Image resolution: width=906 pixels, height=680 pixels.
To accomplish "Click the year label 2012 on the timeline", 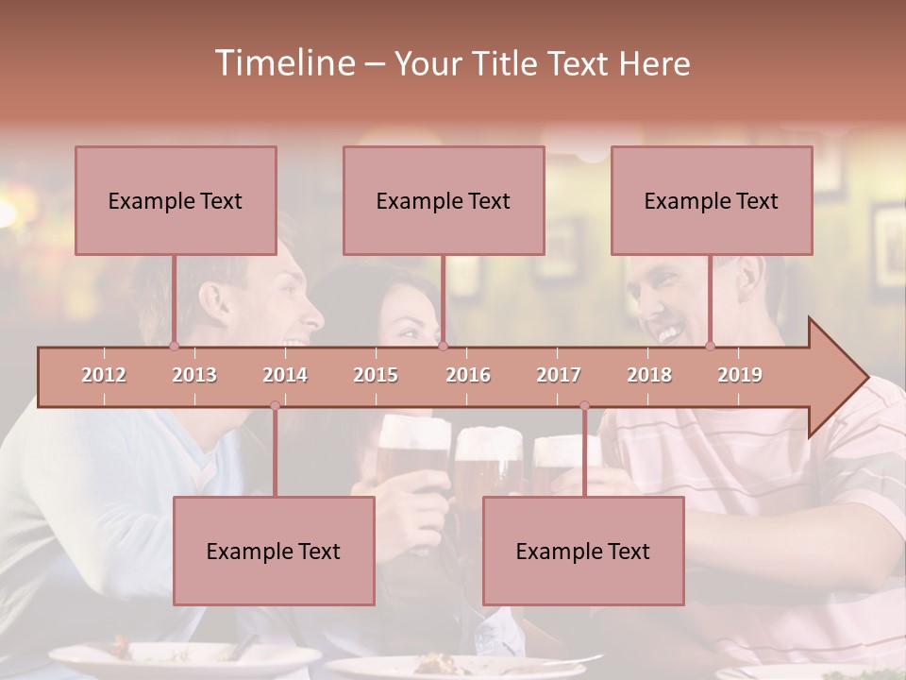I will pyautogui.click(x=104, y=375).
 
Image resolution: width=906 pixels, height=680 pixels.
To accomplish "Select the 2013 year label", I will pyautogui.click(x=194, y=375).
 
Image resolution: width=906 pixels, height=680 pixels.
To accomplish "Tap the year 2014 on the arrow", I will pyautogui.click(x=285, y=375).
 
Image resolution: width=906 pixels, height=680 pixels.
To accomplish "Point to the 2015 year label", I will pyautogui.click(x=376, y=375).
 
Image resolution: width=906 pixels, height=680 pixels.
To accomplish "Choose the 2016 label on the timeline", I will pyautogui.click(x=468, y=375).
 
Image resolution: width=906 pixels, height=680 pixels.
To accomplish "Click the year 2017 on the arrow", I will pyautogui.click(x=559, y=375).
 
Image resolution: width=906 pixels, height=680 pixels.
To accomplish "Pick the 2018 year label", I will pyautogui.click(x=649, y=375).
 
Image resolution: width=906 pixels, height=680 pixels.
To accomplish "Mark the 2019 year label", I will pyautogui.click(x=740, y=375).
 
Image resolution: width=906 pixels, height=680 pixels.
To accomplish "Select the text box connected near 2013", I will pyautogui.click(x=176, y=200).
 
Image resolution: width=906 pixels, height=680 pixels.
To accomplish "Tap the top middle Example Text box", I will pyautogui.click(x=444, y=200).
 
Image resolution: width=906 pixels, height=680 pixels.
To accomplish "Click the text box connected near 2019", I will pyautogui.click(x=712, y=200).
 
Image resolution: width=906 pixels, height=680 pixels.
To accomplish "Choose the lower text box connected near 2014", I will pyautogui.click(x=274, y=551).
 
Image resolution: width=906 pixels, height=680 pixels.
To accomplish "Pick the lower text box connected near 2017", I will pyautogui.click(x=583, y=551).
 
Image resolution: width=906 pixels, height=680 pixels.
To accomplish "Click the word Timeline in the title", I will pyautogui.click(x=282, y=63).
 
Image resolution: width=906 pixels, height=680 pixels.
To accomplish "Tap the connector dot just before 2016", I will pyautogui.click(x=443, y=346).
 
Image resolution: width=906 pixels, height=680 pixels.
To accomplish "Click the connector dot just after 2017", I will pyautogui.click(x=584, y=406).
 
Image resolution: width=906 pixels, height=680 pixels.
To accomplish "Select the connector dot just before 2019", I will pyautogui.click(x=711, y=346).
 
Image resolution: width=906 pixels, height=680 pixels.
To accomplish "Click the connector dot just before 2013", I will pyautogui.click(x=174, y=346).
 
